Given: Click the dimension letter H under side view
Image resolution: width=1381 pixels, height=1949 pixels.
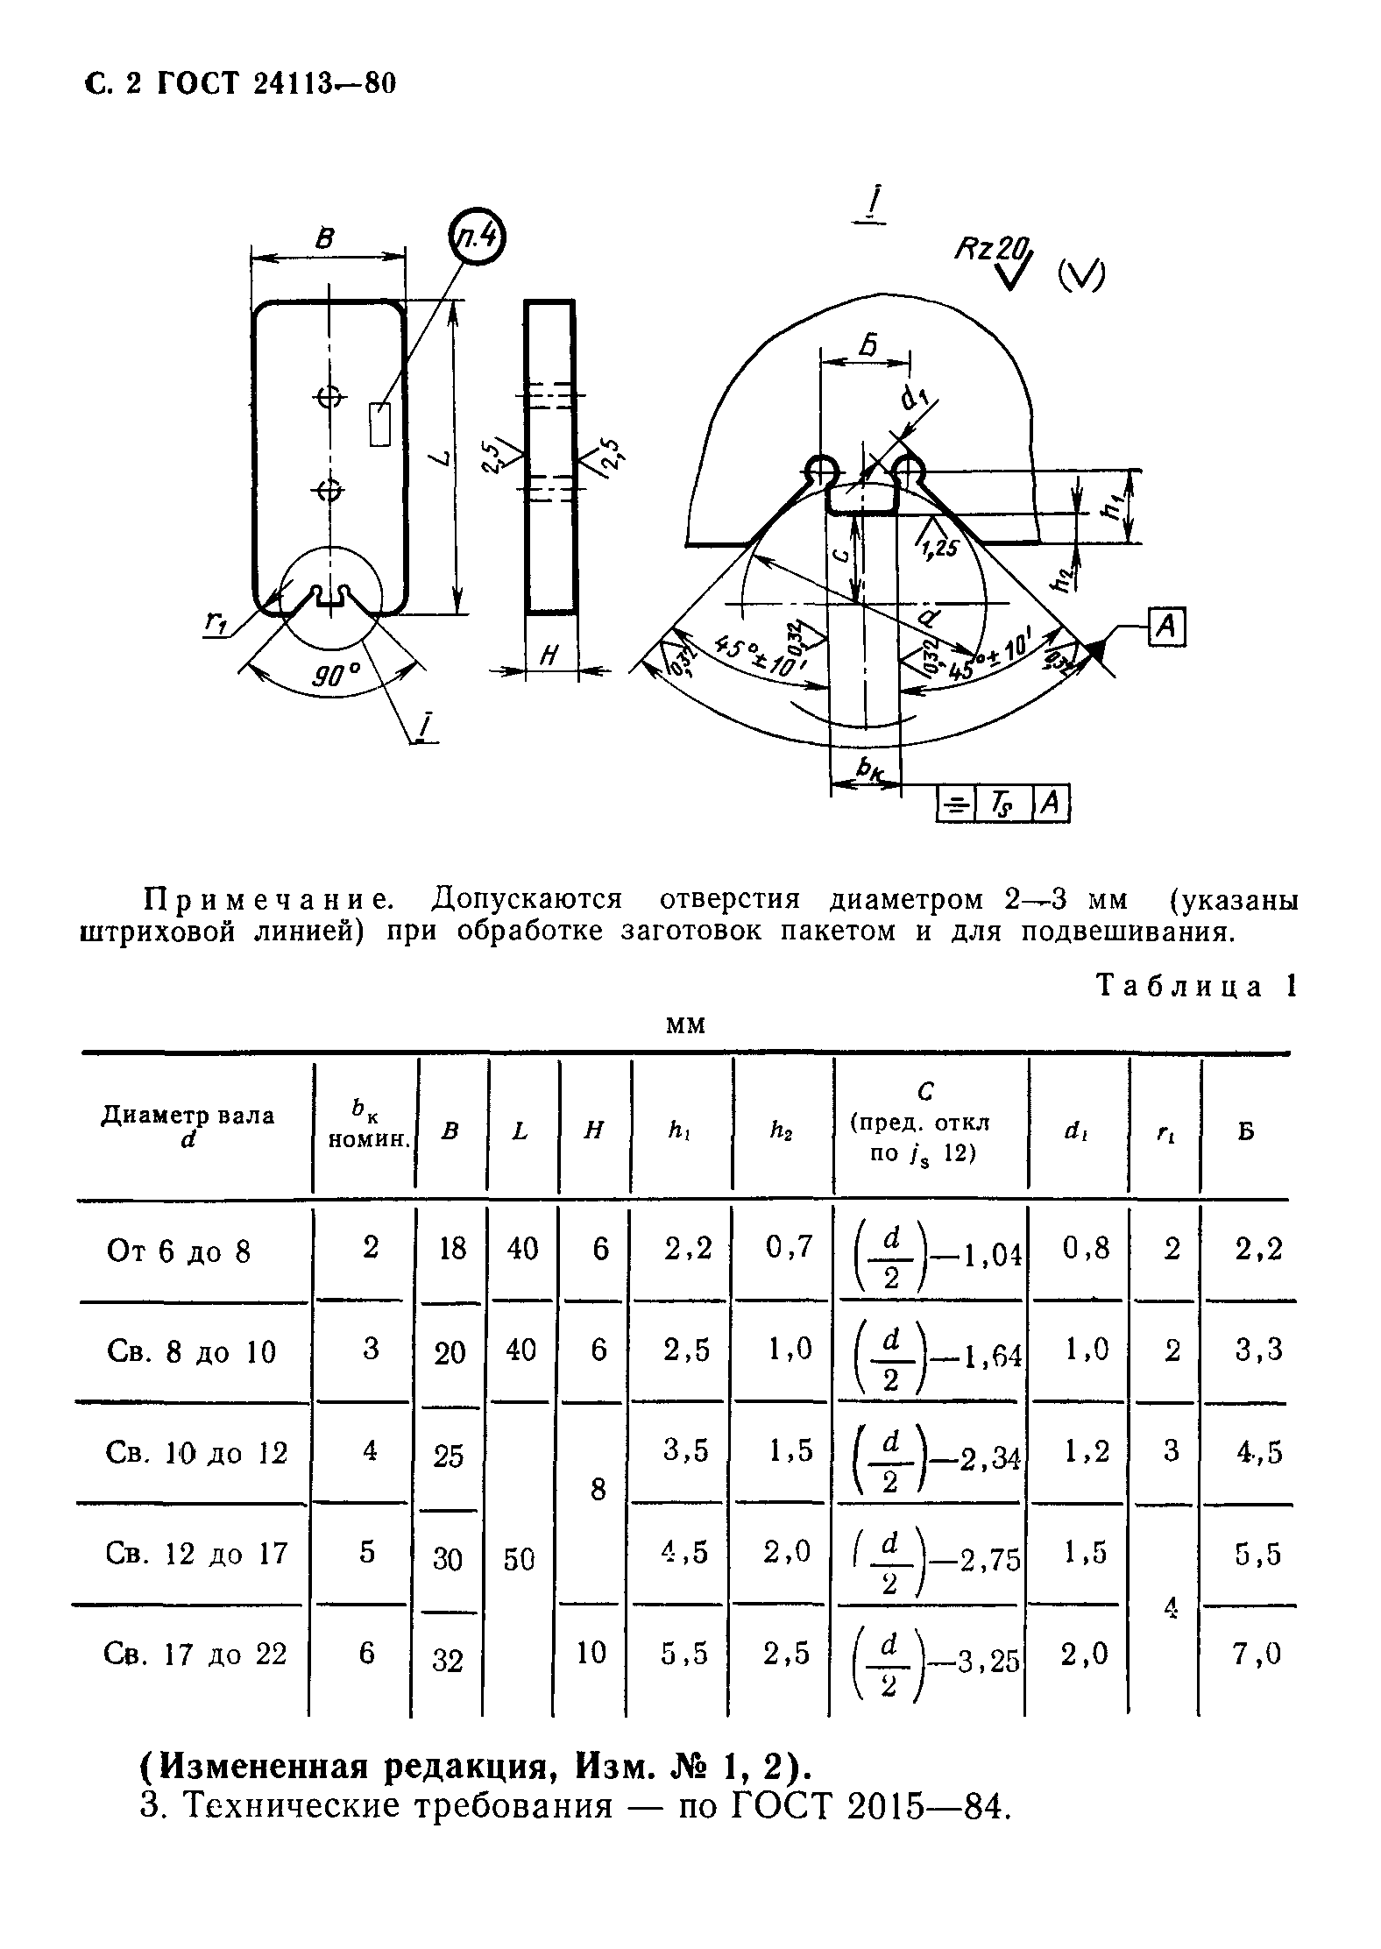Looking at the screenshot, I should click(550, 654).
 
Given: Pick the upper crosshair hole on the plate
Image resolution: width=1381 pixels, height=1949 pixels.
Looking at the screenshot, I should click(329, 398).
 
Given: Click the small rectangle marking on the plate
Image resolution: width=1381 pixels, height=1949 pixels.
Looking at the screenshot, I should click(379, 425).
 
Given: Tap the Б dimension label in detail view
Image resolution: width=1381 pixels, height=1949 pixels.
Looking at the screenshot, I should click(868, 345).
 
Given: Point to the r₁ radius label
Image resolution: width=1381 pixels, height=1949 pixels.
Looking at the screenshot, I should click(216, 621).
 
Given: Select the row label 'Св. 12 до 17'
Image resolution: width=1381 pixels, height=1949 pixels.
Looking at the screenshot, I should click(195, 1554).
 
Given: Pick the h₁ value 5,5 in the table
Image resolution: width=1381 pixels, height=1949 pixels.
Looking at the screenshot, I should click(683, 1653).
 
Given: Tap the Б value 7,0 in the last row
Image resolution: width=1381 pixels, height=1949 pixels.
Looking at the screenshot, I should click(1258, 1653).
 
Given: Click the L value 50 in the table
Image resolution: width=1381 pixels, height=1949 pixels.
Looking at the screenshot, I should click(519, 1558).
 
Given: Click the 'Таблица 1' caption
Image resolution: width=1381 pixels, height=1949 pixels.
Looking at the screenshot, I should click(1194, 986).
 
